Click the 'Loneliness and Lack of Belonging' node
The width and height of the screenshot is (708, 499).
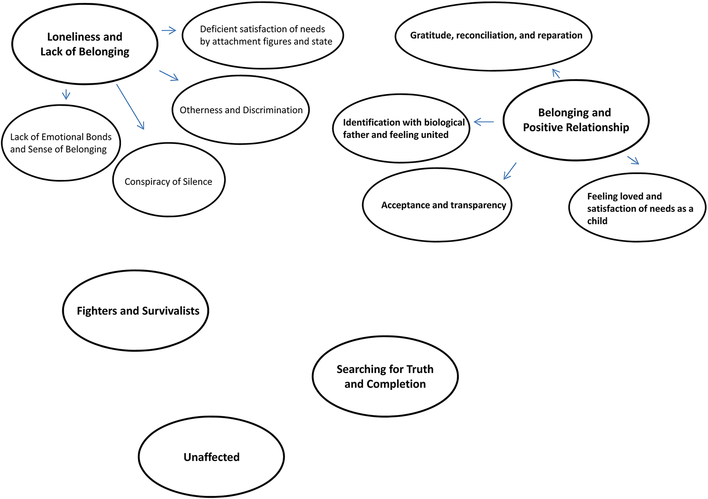click(x=85, y=44)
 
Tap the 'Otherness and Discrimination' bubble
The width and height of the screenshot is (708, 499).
click(x=241, y=110)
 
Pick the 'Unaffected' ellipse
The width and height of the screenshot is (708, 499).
click(x=211, y=457)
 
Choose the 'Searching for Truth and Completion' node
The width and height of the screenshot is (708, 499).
click(x=385, y=376)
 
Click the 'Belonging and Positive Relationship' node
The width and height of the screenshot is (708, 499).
click(x=576, y=120)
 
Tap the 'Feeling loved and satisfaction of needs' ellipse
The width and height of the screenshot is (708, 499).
click(x=637, y=208)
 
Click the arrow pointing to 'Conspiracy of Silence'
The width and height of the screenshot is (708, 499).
click(x=130, y=107)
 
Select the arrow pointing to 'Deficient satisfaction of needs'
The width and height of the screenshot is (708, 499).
click(x=169, y=30)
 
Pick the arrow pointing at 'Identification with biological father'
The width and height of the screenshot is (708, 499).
click(x=484, y=122)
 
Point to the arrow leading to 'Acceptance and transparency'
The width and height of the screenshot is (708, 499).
click(x=510, y=171)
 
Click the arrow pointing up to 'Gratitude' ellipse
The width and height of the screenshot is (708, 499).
click(x=556, y=73)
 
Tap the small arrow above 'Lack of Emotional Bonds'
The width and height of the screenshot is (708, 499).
click(x=66, y=94)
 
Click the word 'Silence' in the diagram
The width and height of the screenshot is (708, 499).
click(x=197, y=182)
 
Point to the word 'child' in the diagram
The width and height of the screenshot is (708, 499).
click(x=597, y=221)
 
